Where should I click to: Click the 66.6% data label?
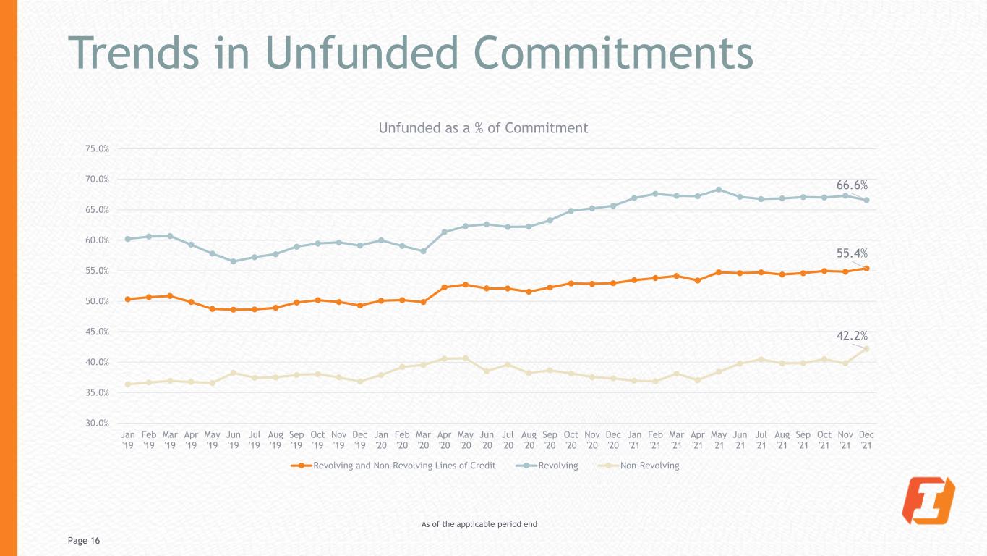point(852,185)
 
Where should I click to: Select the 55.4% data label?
point(852,253)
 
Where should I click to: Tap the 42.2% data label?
point(852,336)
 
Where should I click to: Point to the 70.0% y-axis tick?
point(97,179)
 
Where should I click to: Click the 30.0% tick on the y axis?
point(97,424)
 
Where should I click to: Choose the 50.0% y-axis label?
point(97,301)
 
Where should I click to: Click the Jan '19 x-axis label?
point(128,440)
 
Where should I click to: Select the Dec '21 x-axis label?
point(866,440)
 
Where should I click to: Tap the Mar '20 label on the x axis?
point(423,440)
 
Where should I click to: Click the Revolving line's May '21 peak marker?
point(719,190)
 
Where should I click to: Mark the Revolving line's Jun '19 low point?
point(234,261)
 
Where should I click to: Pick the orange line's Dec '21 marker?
point(866,269)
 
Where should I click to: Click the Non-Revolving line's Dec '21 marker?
point(866,349)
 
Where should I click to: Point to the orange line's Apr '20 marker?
point(444,287)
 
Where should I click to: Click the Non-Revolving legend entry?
point(638,466)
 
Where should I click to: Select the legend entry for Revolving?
point(547,466)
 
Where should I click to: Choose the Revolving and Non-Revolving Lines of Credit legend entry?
point(393,466)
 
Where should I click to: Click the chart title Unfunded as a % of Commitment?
point(483,128)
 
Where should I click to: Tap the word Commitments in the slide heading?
point(613,53)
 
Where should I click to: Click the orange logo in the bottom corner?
point(928,500)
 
